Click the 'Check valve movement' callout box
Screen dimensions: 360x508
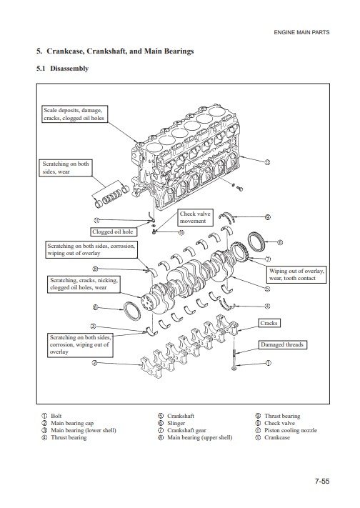pos(196,217)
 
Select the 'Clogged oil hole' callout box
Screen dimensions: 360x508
pos(113,231)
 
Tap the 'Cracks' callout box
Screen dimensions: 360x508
pos(269,323)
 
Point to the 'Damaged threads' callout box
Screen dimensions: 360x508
pos(282,344)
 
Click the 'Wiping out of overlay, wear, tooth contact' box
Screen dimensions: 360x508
pos(296,275)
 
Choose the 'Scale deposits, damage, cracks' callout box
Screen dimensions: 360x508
pos(74,114)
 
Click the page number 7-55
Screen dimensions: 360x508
pos(322,481)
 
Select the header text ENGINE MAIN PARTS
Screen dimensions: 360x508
pos(301,32)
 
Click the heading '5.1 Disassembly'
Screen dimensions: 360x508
pos(63,69)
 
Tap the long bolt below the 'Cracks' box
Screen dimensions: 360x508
pos(234,352)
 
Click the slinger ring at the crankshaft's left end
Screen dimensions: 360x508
pos(133,311)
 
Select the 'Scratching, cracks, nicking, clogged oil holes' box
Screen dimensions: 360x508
pos(84,284)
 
